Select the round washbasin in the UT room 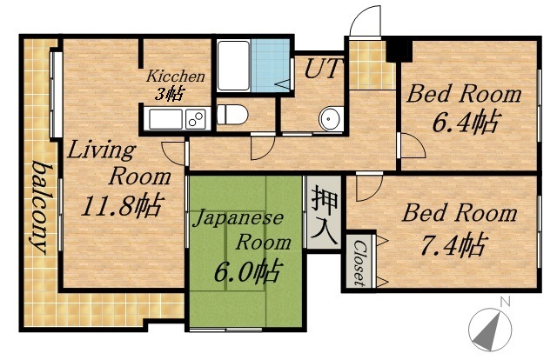(x=329, y=119)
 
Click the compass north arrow (x=489, y=330)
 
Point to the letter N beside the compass (x=504, y=303)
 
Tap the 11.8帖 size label (x=121, y=206)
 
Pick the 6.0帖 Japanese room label (x=247, y=271)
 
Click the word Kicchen (x=176, y=76)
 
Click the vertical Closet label (x=359, y=262)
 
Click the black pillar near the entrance (x=397, y=49)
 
